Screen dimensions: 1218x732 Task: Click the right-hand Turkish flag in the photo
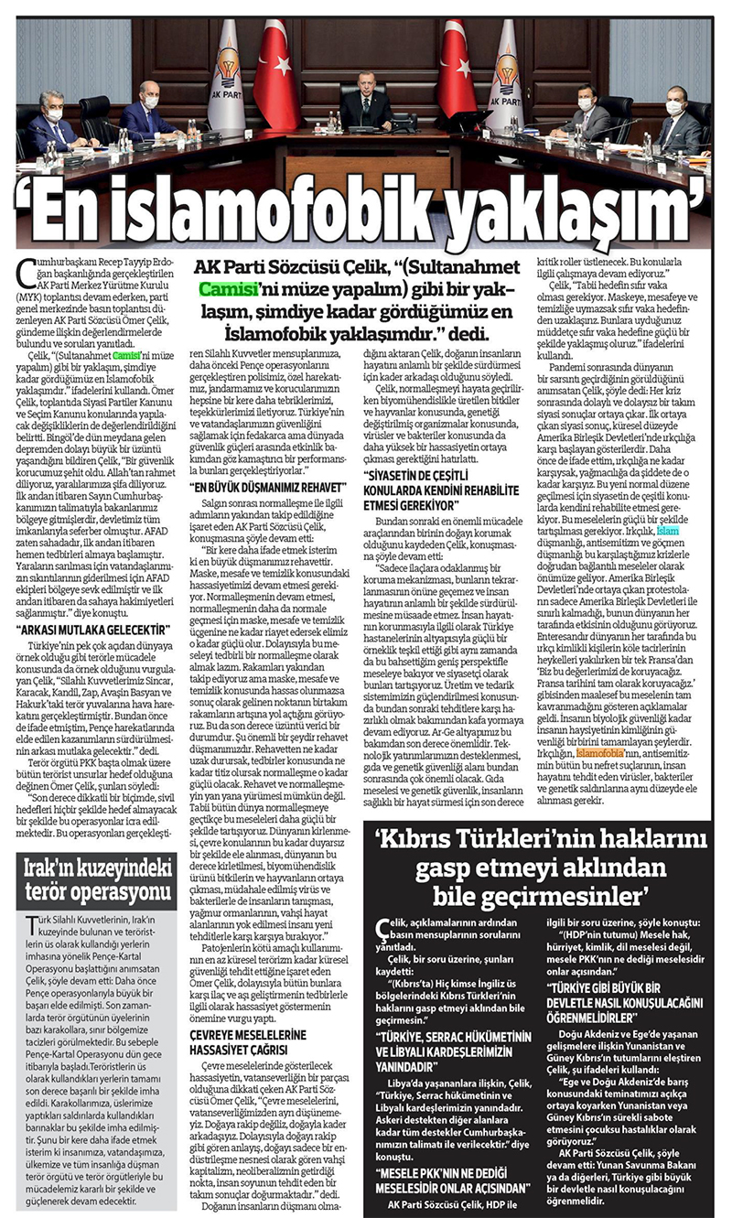[455, 73]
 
